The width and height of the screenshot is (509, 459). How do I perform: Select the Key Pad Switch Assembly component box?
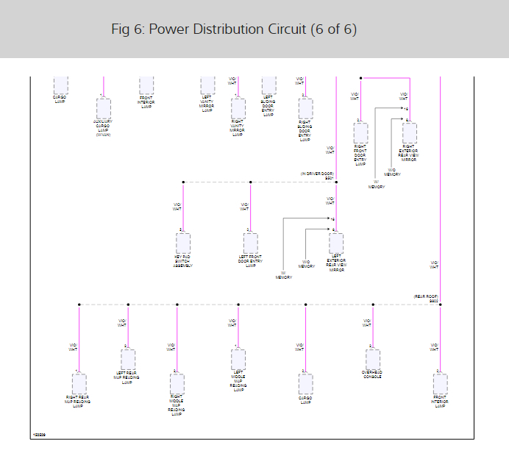pyautogui.click(x=183, y=243)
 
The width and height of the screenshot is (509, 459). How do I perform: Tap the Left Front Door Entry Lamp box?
pyautogui.click(x=251, y=243)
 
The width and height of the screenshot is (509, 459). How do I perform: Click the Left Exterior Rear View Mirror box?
pyautogui.click(x=336, y=243)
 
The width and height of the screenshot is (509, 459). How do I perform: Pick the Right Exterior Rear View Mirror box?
pyautogui.click(x=409, y=133)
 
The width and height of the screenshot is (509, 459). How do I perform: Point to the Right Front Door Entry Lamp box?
pyautogui.click(x=360, y=133)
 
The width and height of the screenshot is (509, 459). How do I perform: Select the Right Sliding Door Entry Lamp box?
pyautogui.click(x=305, y=109)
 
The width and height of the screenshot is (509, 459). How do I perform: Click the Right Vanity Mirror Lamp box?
pyautogui.click(x=238, y=109)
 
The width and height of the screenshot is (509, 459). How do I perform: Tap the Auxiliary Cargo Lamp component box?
pyautogui.click(x=103, y=109)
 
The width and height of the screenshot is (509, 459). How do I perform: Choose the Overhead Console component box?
pyautogui.click(x=372, y=359)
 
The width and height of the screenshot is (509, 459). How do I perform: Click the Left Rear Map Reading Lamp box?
pyautogui.click(x=128, y=359)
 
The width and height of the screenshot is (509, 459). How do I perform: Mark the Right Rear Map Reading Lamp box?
pyautogui.click(x=79, y=384)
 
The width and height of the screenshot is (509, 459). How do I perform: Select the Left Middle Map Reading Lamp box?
pyautogui.click(x=238, y=359)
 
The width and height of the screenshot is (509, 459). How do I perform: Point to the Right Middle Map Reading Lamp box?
pyautogui.click(x=177, y=384)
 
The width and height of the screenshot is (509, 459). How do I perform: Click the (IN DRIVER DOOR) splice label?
pyautogui.click(x=317, y=174)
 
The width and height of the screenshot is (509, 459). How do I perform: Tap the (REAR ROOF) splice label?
pyautogui.click(x=427, y=296)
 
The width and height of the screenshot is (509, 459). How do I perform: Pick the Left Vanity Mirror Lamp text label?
pyautogui.click(x=207, y=104)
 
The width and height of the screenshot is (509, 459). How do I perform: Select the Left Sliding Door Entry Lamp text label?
pyautogui.click(x=268, y=106)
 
